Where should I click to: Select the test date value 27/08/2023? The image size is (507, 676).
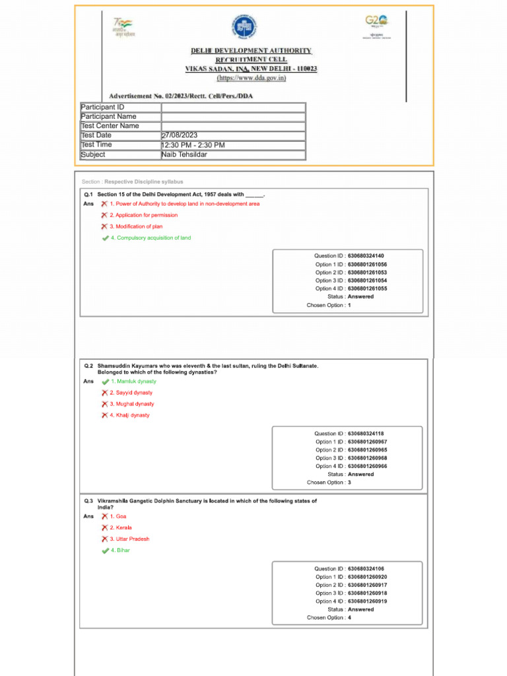(180, 135)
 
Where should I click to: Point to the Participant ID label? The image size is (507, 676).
(102, 107)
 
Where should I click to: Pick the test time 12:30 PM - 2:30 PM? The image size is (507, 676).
(193, 145)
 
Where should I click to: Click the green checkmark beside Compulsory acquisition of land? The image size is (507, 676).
(105, 238)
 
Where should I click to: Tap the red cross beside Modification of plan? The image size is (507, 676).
(104, 226)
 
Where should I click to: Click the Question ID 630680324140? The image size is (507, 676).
(365, 256)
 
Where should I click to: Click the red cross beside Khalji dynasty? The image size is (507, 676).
(104, 415)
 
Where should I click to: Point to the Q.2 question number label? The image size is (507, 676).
(88, 365)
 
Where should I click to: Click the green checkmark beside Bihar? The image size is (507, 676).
(105, 551)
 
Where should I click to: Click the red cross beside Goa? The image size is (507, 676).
(104, 516)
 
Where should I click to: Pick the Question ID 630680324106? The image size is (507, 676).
(365, 569)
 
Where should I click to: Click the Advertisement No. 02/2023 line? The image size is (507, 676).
(181, 96)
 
